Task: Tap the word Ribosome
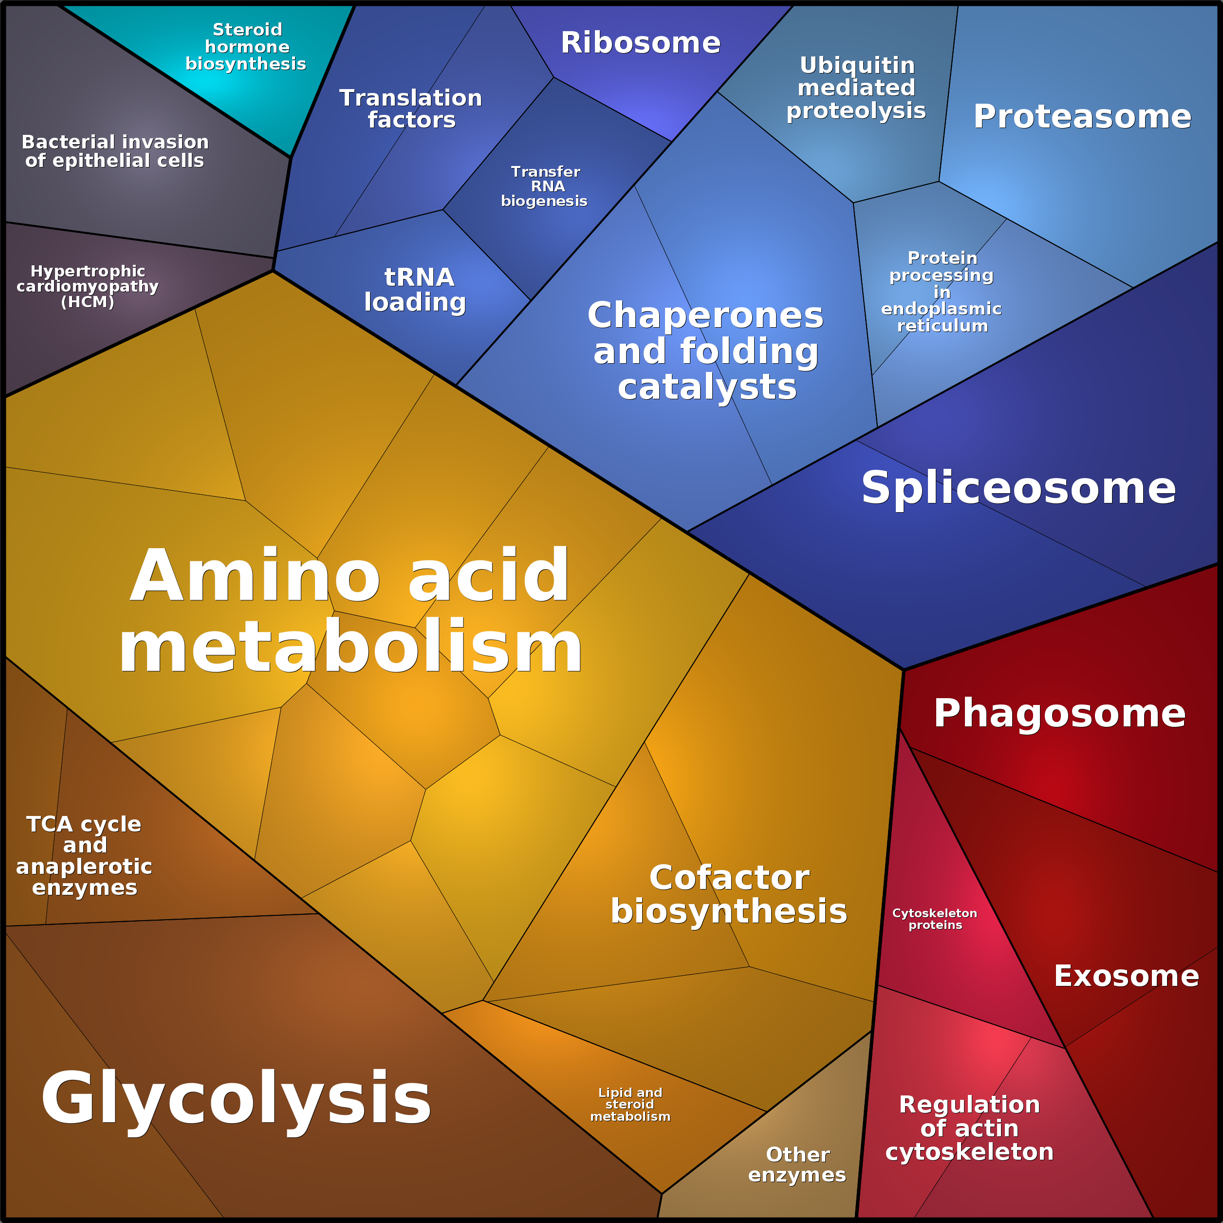click(641, 42)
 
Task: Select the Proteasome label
click(1082, 116)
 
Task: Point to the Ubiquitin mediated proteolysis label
click(856, 87)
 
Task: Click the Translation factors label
click(411, 108)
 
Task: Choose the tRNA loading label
click(415, 289)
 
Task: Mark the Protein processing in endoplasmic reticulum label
click(942, 292)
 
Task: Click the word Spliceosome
click(1019, 487)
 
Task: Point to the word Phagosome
click(1060, 713)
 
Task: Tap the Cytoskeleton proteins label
click(935, 919)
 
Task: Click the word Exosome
click(1127, 976)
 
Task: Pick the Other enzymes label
click(797, 1164)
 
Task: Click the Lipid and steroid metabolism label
click(630, 1104)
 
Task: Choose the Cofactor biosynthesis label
click(729, 894)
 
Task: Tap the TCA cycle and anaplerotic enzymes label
click(84, 855)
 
